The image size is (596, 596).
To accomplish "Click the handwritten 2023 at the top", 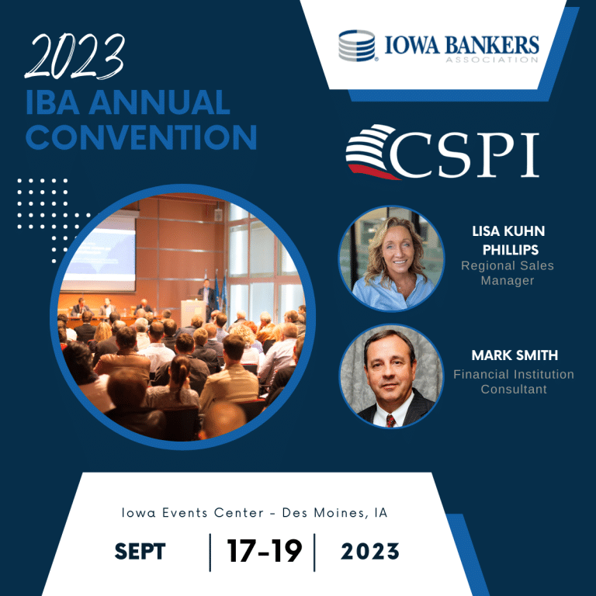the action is tap(74, 56).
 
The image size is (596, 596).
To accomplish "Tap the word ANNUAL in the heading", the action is tap(159, 102).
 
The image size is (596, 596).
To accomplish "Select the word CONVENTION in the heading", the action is tap(141, 137).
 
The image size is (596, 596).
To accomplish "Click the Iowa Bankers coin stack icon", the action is tap(356, 46).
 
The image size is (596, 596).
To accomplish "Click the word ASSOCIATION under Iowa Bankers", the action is tap(492, 60).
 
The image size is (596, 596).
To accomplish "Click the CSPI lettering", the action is tap(465, 154).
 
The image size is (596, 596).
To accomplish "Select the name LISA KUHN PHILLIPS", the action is tap(509, 241).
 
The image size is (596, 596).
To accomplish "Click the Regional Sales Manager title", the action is tap(508, 273).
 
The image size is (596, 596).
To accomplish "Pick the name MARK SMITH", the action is tap(515, 355).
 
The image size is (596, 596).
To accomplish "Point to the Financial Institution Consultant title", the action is tap(514, 382).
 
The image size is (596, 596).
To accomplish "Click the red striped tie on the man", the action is tap(390, 421).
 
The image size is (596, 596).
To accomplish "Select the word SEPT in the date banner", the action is tap(140, 552).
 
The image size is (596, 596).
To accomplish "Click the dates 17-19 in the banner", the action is tap(264, 551).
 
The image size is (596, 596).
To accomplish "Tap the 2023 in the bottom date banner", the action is tap(370, 552).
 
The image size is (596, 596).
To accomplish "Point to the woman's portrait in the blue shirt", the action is tap(391, 258).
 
